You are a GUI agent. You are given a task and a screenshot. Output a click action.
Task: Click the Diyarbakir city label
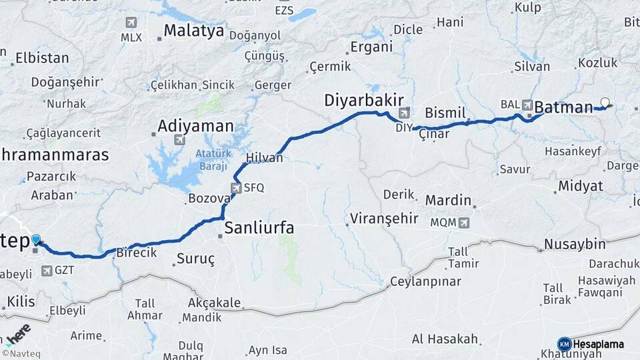point(360,100)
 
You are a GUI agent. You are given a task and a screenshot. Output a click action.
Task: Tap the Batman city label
point(563,107)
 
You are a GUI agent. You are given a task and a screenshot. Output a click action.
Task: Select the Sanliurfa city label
point(259,228)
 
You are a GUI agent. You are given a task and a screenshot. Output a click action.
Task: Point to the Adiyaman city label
point(196,125)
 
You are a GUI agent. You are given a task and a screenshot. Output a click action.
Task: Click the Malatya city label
point(193,30)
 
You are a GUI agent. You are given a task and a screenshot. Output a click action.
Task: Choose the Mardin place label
point(448,200)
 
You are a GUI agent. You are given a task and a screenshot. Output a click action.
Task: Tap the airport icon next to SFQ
point(236,188)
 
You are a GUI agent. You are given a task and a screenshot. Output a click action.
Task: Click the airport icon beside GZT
point(46,271)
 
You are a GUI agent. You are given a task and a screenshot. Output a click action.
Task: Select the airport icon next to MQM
point(464,222)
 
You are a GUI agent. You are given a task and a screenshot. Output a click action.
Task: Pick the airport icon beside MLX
point(131,22)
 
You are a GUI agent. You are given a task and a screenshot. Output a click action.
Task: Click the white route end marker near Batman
point(605,103)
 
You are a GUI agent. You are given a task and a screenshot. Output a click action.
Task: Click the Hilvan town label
point(265,158)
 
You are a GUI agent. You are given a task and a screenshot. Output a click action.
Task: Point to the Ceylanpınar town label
point(425,281)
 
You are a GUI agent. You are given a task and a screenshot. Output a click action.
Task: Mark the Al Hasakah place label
point(445,339)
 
